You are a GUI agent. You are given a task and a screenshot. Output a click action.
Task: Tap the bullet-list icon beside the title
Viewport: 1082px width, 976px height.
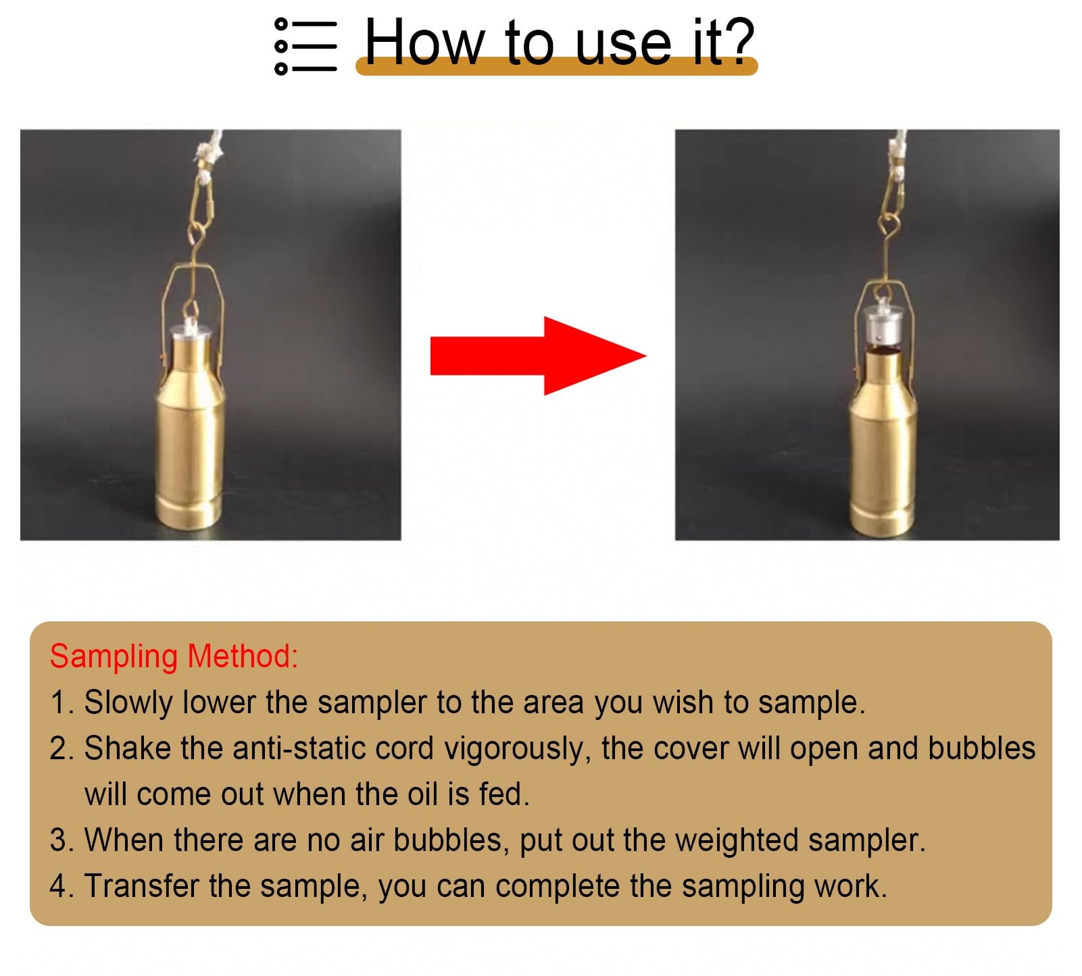[x=305, y=46]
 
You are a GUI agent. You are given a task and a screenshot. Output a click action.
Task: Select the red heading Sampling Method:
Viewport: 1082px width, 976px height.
[x=174, y=656]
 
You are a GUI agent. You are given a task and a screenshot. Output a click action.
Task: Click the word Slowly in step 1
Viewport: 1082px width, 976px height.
[x=128, y=702]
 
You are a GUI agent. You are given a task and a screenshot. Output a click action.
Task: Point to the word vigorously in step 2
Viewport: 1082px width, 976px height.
[x=516, y=748]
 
